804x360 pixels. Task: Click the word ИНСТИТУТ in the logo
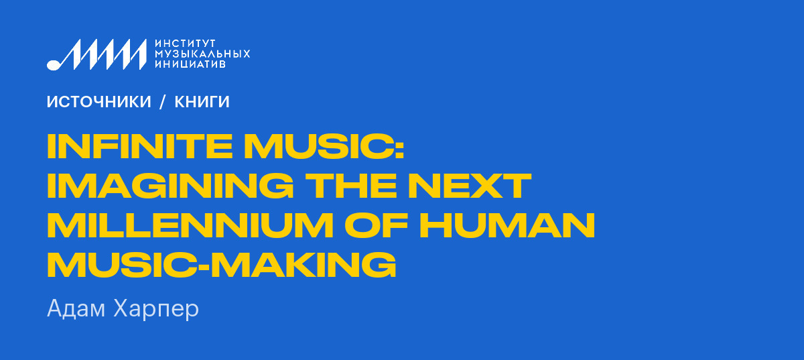[x=185, y=44]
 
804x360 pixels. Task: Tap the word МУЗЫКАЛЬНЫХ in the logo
[x=202, y=54]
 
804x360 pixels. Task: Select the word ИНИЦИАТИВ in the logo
[x=190, y=64]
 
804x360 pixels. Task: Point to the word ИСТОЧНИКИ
[x=98, y=102]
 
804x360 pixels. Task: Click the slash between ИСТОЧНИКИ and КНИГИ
[x=163, y=102]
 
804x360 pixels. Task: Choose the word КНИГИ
[x=202, y=102]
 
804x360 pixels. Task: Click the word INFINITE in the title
[x=140, y=146]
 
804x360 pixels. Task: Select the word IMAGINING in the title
[x=170, y=186]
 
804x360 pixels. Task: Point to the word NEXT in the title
[x=470, y=186]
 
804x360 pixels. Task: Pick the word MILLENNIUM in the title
[x=190, y=225]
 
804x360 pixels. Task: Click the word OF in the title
[x=377, y=225]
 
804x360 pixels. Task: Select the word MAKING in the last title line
[x=304, y=264]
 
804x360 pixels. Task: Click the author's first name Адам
[x=76, y=308]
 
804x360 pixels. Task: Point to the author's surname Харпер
[x=155, y=310]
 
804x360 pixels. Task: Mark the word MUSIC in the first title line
[x=319, y=146]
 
